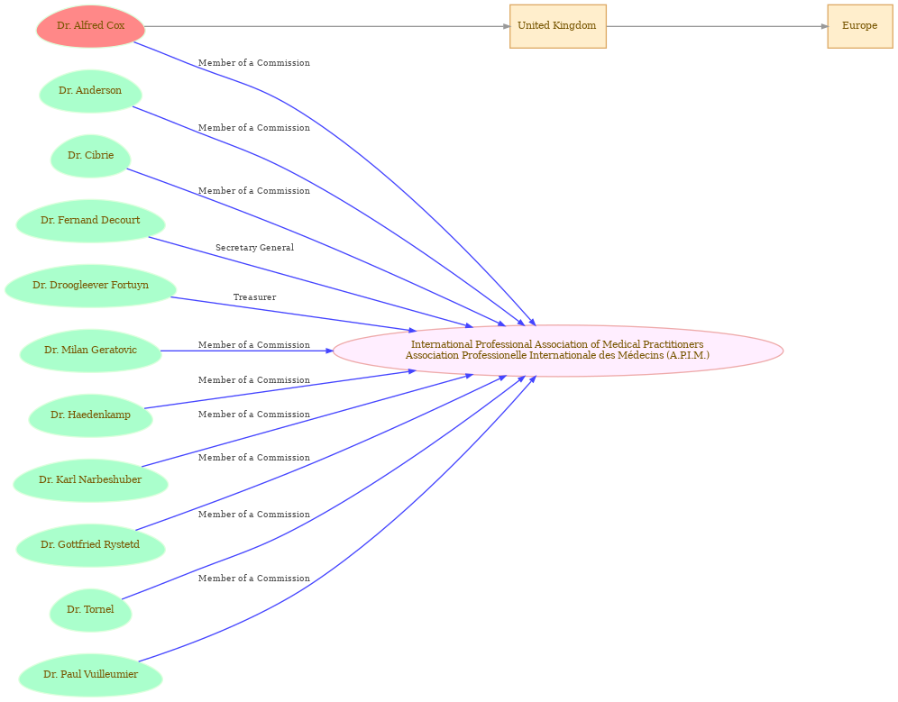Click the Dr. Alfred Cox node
[90, 26]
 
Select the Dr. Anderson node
[90, 91]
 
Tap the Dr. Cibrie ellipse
[90, 156]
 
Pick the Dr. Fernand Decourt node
[90, 221]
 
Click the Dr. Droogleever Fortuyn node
[90, 286]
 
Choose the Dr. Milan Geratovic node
[90, 351]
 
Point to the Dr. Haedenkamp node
[90, 415]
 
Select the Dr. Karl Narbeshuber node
[90, 480]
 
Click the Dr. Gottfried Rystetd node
[90, 545]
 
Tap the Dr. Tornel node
[90, 610]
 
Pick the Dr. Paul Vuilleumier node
[90, 675]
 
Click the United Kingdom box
[558, 26]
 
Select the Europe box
[859, 26]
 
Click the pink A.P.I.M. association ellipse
[558, 351]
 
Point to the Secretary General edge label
[254, 247]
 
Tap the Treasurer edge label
[254, 297]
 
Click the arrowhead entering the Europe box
[824, 26]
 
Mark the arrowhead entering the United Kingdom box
[507, 26]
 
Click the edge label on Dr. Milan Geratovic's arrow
[254, 345]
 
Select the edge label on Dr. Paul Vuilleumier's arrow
[254, 579]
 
